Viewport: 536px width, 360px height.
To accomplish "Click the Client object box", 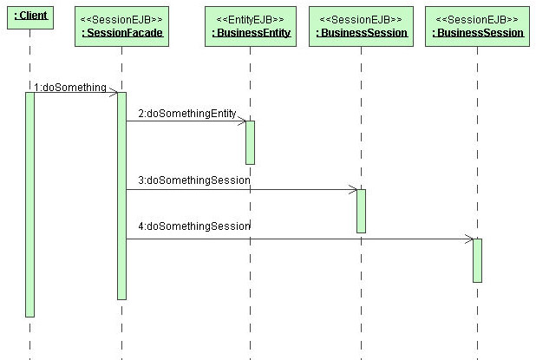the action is [30, 17].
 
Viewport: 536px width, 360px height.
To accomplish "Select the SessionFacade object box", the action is [121, 26].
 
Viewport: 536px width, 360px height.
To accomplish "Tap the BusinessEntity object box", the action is [251, 26].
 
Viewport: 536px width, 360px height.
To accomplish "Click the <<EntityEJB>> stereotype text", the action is [251, 19].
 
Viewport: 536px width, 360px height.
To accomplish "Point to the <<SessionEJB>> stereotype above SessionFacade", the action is [121, 19].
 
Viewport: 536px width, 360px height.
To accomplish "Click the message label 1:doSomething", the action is [70, 87].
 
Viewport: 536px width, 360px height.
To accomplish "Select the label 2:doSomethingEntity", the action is [187, 113].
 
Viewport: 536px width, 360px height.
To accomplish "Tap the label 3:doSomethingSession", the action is [194, 180].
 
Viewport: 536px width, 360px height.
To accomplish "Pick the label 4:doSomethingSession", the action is [194, 226].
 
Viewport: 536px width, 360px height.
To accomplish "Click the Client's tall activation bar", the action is [29, 205].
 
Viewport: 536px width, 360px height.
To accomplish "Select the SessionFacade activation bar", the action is [121, 196].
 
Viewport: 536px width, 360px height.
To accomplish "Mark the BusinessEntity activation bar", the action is [251, 142].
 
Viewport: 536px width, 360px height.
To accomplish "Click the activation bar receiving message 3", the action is [362, 212].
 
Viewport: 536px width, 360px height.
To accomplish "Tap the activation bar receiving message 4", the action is [478, 260].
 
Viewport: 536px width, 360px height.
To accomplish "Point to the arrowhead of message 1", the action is [115, 92].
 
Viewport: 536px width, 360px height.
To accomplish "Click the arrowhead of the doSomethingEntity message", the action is [244, 121].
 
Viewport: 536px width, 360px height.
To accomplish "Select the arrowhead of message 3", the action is [355, 190].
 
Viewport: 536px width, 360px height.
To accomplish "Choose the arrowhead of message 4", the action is [471, 239].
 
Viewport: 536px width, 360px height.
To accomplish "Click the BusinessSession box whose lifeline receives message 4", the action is [478, 26].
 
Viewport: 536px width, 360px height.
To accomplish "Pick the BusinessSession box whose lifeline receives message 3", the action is [362, 26].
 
